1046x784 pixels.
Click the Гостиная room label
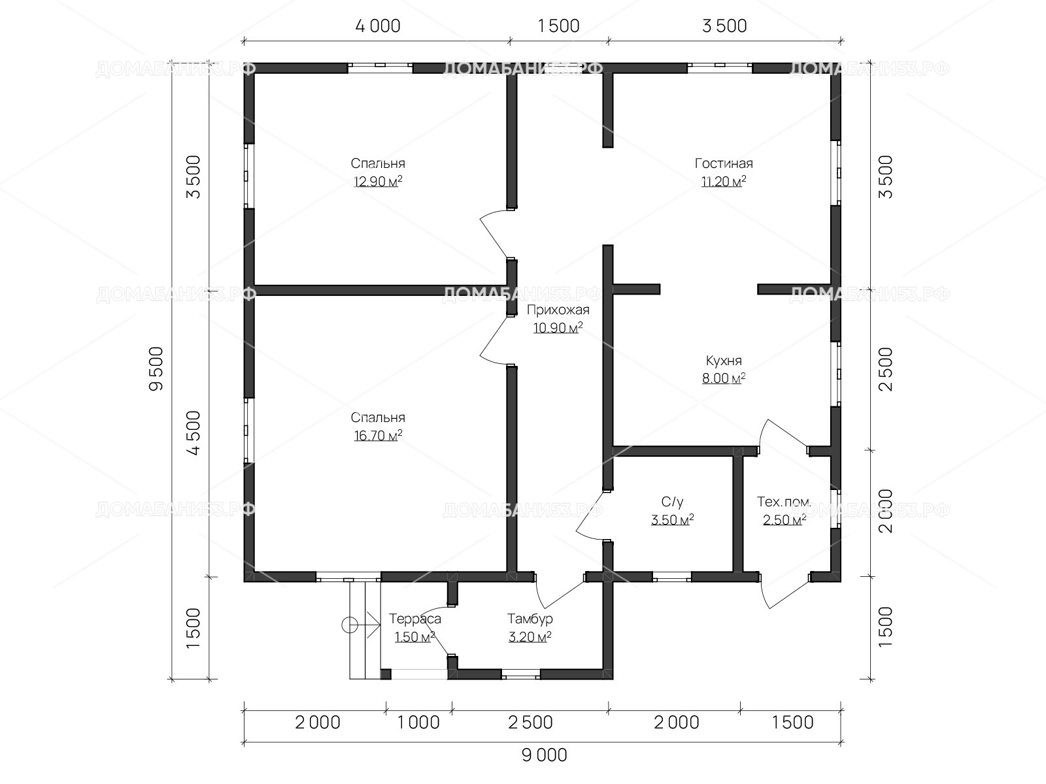724,163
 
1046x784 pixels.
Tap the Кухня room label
724,361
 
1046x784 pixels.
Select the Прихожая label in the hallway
558,310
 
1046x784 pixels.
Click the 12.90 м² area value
378,182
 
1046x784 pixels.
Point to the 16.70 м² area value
378,436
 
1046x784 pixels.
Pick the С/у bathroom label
673,502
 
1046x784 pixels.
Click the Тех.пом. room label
784,502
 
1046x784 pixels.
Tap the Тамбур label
530,619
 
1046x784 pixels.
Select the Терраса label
414,619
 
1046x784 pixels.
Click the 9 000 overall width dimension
544,755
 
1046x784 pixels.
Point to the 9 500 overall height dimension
156,369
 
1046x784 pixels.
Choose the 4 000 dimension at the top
378,26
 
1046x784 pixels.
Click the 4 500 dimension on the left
194,433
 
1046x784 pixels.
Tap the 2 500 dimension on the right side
885,369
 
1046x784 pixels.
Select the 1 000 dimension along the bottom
418,723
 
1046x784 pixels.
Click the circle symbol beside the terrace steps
350,625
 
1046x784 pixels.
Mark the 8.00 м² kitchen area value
724,378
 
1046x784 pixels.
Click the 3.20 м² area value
530,637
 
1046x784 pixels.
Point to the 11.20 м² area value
724,182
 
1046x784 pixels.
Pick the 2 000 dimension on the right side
885,511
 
